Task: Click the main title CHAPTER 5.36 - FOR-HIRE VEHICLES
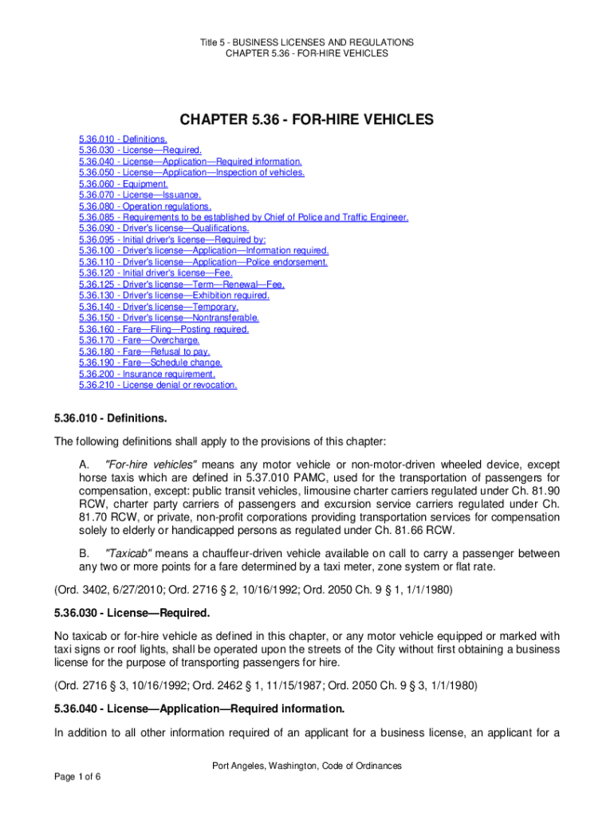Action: pyautogui.click(x=306, y=120)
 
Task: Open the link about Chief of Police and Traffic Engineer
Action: pyautogui.click(x=244, y=217)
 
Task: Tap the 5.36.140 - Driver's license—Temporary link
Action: pyautogui.click(x=159, y=307)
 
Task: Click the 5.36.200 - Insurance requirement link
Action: pyautogui.click(x=147, y=374)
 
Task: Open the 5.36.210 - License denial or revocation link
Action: pyautogui.click(x=158, y=385)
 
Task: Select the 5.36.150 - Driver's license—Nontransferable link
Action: pyautogui.click(x=168, y=318)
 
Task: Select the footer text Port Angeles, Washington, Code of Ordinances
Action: pyautogui.click(x=306, y=766)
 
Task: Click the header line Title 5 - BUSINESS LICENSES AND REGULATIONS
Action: pyautogui.click(x=306, y=42)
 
